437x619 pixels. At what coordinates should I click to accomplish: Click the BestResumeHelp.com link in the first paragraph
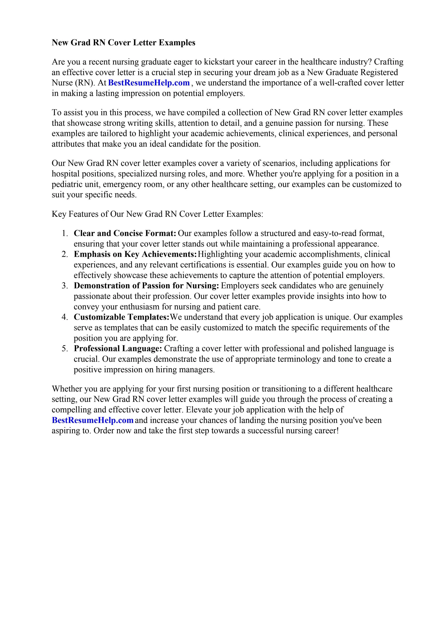coord(149,83)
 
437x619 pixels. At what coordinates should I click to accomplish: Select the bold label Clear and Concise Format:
coord(125,233)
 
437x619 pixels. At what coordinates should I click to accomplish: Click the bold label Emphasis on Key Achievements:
coord(135,254)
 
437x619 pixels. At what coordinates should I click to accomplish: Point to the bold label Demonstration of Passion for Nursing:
coord(146,286)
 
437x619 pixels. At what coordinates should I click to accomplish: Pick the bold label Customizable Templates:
coord(121,317)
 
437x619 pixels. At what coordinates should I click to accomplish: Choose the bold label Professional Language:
coord(118,349)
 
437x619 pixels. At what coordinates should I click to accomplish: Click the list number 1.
coord(64,233)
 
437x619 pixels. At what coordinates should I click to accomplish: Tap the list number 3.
coord(64,286)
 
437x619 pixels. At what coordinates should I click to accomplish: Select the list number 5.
coord(64,349)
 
